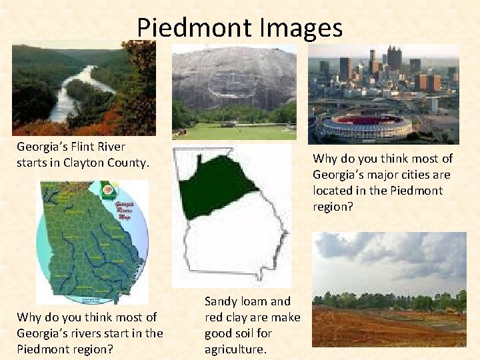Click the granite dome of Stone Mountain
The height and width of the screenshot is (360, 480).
click(x=233, y=77)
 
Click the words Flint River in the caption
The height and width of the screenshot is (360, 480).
click(x=100, y=146)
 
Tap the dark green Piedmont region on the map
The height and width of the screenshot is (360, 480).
click(x=213, y=187)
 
